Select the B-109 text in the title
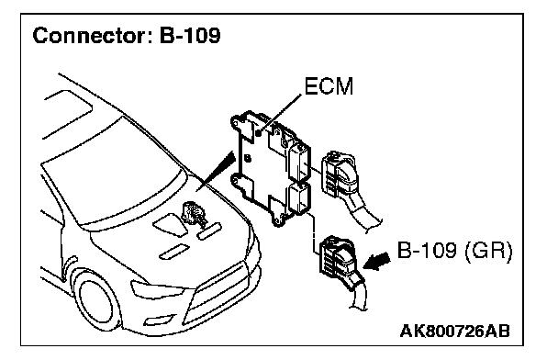tap(190, 36)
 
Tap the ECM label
tap(329, 86)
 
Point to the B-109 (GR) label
tap(454, 250)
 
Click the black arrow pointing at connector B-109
tap(376, 262)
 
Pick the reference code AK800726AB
tap(455, 332)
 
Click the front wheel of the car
tap(96, 299)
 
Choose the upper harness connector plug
tap(339, 174)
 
